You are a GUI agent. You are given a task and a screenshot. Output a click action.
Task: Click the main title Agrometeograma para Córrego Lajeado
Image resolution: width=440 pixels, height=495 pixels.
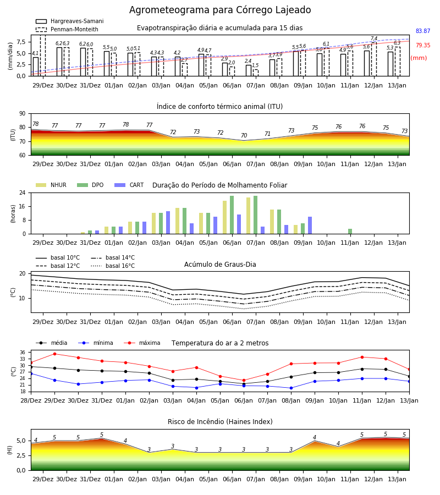pyautogui.click(x=220, y=10)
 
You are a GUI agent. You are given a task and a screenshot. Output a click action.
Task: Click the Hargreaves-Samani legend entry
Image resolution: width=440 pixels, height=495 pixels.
pyautogui.click(x=69, y=21)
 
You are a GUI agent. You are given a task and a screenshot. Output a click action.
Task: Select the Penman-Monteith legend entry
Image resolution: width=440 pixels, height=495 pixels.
pyautogui.click(x=67, y=29)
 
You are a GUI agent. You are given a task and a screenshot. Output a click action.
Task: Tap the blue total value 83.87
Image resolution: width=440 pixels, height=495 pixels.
pyautogui.click(x=423, y=31)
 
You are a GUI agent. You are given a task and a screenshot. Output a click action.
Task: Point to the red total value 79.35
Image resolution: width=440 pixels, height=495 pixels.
pyautogui.click(x=423, y=45)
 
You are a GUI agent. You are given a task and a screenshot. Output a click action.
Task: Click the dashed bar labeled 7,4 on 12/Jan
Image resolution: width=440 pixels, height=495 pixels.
pyautogui.click(x=374, y=59)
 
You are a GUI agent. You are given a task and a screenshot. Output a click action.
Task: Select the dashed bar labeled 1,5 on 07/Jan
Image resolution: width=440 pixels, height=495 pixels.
pyautogui.click(x=256, y=73)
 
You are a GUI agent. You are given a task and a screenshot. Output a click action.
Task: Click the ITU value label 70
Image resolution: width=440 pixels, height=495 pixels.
pyautogui.click(x=244, y=135)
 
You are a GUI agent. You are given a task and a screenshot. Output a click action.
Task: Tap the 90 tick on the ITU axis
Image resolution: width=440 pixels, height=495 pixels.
pyautogui.click(x=23, y=114)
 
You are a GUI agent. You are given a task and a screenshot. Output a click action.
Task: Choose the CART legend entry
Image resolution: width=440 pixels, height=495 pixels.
pyautogui.click(x=129, y=185)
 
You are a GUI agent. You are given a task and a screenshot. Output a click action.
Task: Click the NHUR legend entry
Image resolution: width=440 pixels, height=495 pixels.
pyautogui.click(x=51, y=185)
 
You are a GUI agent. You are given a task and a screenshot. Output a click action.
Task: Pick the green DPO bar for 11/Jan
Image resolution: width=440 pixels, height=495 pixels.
pyautogui.click(x=350, y=232)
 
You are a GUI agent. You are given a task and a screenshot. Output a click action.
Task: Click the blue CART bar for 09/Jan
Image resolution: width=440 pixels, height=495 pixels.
pyautogui.click(x=310, y=226)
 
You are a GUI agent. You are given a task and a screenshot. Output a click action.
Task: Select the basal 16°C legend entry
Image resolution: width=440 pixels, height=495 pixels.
pyautogui.click(x=113, y=266)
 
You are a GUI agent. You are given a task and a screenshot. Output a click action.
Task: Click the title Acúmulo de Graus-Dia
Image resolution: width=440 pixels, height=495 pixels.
pyautogui.click(x=220, y=265)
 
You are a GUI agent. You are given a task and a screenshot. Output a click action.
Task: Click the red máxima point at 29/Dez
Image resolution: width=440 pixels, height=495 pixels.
pyautogui.click(x=54, y=354)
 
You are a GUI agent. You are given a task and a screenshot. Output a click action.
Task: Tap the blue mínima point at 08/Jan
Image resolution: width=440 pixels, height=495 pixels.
pyautogui.click(x=291, y=388)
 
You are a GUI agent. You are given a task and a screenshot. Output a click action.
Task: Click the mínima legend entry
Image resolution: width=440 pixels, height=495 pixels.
pyautogui.click(x=96, y=343)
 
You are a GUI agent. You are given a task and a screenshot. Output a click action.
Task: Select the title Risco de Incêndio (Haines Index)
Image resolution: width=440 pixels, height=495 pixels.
pyautogui.click(x=220, y=422)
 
